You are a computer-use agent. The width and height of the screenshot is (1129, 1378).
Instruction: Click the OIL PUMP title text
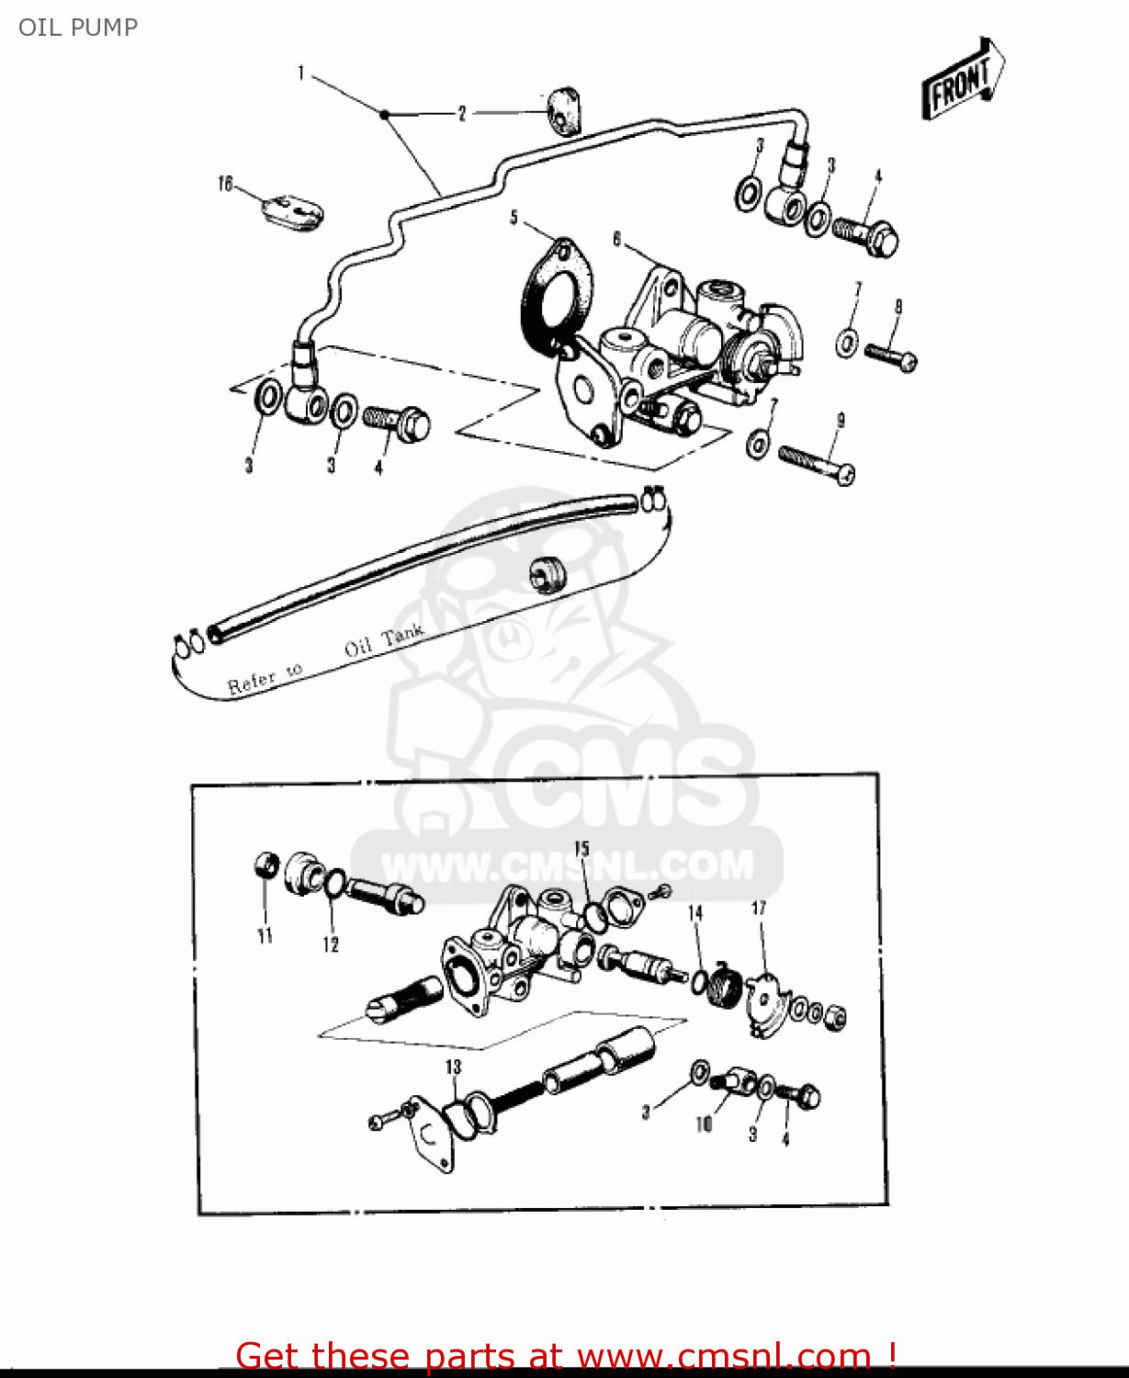coord(78,28)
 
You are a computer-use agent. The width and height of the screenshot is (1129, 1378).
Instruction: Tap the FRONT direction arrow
coord(962,82)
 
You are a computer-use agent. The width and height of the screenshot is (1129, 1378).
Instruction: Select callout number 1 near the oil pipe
coord(301,73)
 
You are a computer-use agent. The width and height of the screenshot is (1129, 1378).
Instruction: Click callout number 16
coord(225,185)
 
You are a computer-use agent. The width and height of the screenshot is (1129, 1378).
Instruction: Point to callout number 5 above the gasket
coord(514,218)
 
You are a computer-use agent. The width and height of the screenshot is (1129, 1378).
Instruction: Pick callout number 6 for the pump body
coord(617,239)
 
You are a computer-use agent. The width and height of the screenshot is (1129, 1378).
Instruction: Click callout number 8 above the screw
coord(898,307)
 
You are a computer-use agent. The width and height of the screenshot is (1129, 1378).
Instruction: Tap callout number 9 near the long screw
coord(840,421)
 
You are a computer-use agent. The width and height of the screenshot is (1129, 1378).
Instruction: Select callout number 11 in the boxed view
coord(265,936)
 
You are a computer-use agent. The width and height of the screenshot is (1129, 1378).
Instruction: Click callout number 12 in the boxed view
coord(331,944)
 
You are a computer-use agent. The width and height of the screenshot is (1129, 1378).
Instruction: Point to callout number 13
coord(453,1067)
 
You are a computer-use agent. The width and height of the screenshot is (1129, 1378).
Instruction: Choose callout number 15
coord(581,848)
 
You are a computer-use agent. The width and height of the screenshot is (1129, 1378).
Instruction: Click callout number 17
coord(759,909)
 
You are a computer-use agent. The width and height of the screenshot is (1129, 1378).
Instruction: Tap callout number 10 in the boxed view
coord(704,1124)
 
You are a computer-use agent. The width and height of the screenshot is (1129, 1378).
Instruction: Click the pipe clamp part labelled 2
coord(562,109)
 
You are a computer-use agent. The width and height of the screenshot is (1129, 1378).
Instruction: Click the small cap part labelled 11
coord(265,864)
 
